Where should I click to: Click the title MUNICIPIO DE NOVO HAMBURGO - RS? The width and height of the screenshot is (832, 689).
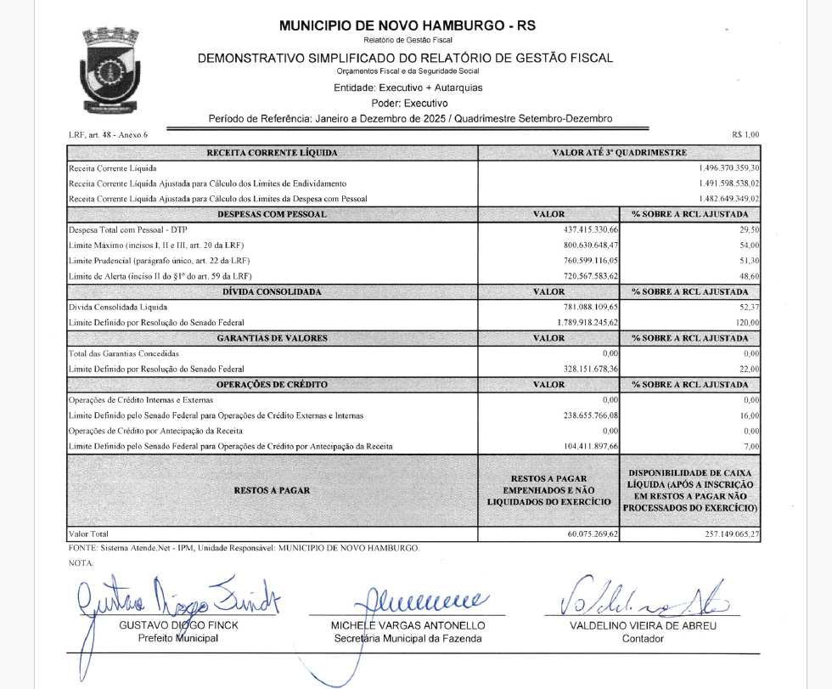[x=396, y=26]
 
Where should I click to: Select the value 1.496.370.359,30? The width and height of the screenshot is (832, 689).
[x=728, y=168]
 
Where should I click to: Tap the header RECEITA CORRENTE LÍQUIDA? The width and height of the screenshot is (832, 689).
[x=273, y=153]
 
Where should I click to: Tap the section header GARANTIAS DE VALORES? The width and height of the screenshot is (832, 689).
[x=273, y=338]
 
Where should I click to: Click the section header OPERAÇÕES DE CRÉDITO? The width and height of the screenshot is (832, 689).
[x=273, y=385]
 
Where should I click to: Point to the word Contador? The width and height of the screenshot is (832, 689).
[x=643, y=638]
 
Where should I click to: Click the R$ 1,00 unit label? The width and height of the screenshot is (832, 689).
[x=745, y=134]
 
